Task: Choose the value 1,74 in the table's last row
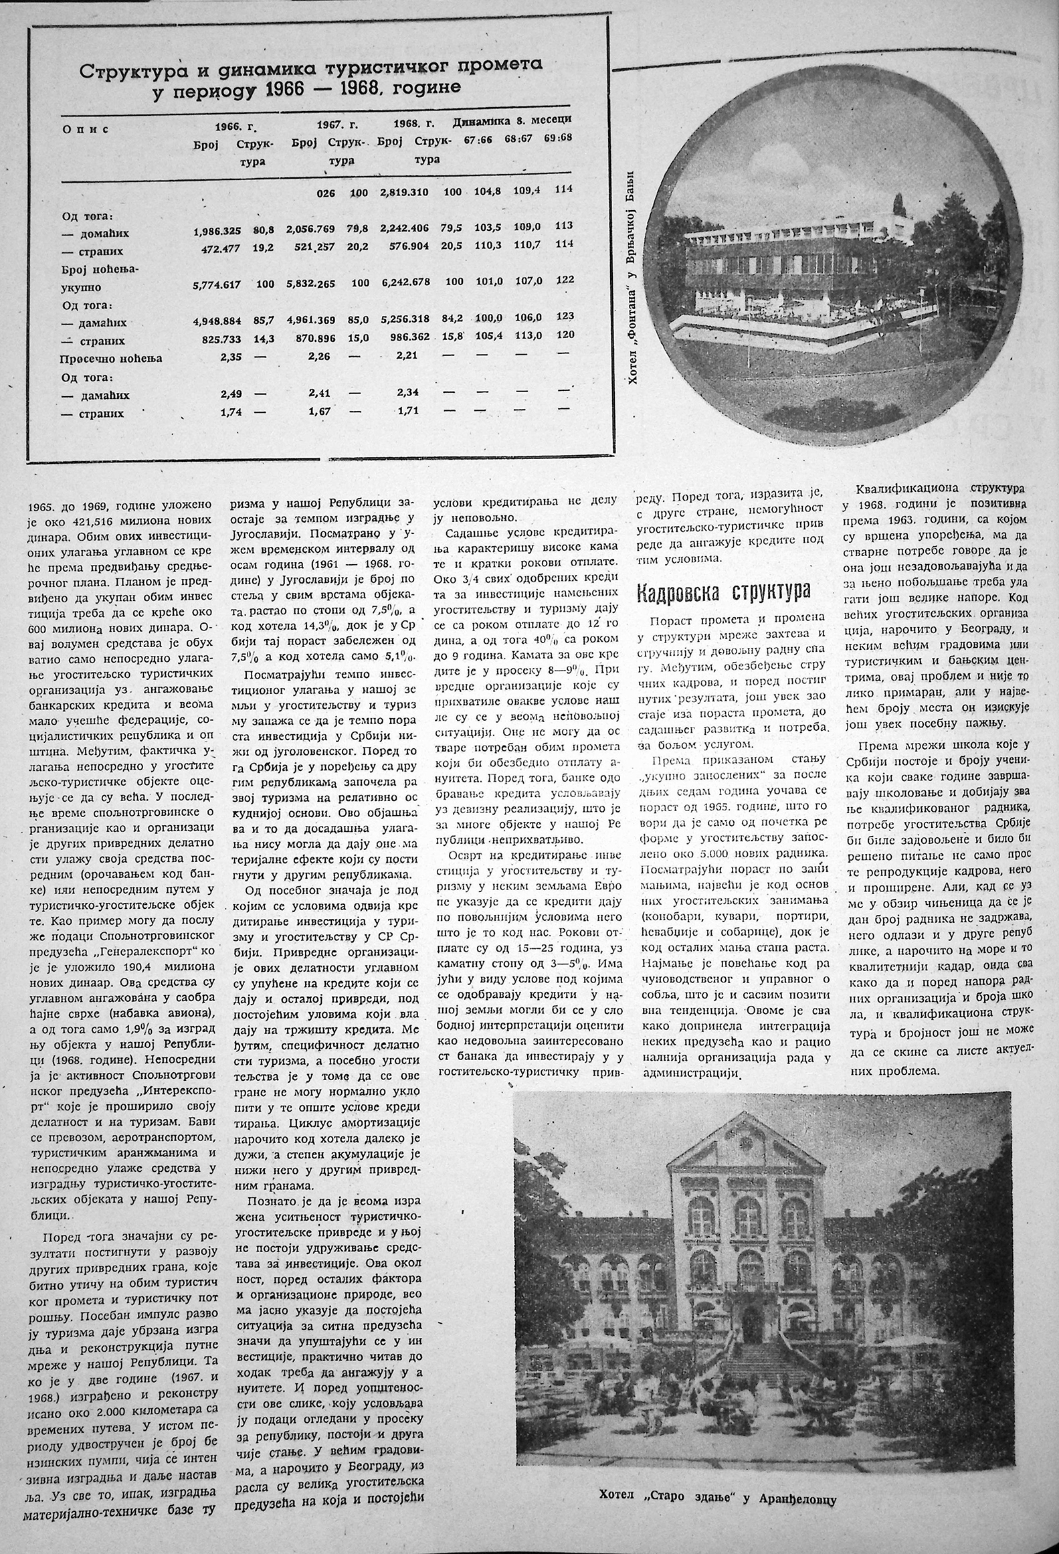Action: (x=231, y=414)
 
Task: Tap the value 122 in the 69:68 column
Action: (x=565, y=280)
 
